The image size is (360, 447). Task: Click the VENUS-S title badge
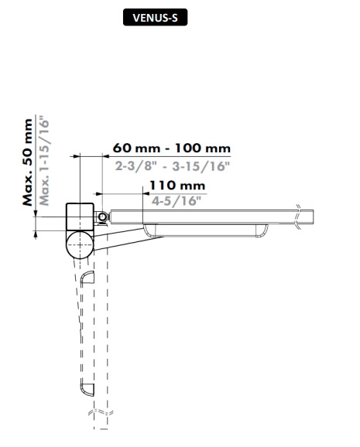pyautogui.click(x=155, y=17)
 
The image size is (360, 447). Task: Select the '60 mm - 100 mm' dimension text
pyautogui.click(x=172, y=148)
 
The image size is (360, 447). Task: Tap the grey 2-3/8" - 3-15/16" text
pyautogui.click(x=173, y=166)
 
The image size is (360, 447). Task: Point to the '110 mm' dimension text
pyautogui.click(x=177, y=186)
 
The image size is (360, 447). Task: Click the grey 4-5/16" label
pyautogui.click(x=177, y=201)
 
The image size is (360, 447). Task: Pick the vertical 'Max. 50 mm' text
pyautogui.click(x=27, y=162)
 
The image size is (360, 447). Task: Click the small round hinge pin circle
pyautogui.click(x=102, y=217)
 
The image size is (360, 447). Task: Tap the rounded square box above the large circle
pyautogui.click(x=80, y=217)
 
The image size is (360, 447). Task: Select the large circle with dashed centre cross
pyautogui.click(x=80, y=245)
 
